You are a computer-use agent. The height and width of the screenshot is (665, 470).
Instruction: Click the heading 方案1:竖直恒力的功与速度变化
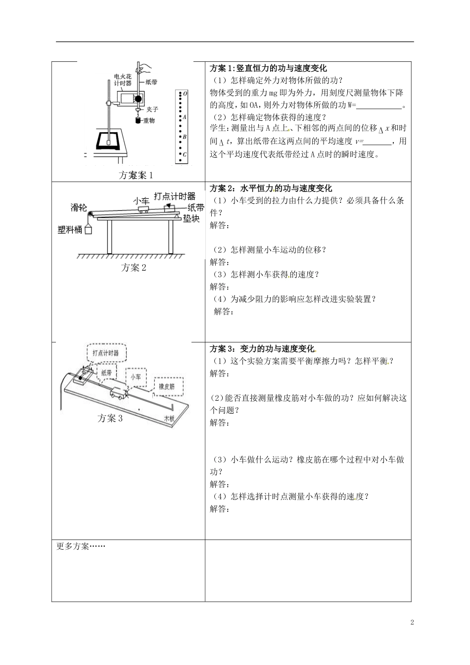click(268, 69)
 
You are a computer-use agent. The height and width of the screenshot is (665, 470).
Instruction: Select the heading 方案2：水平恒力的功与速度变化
click(271, 188)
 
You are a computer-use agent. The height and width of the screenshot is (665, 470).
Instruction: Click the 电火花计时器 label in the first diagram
click(122, 80)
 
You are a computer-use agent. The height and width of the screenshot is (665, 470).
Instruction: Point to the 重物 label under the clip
click(148, 120)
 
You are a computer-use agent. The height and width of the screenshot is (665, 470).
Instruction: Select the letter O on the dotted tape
click(185, 93)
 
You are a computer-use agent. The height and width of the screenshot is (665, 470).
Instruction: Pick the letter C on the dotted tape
click(185, 154)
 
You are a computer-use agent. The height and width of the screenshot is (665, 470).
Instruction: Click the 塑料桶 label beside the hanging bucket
click(70, 230)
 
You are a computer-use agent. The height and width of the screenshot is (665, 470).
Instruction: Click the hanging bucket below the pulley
click(89, 229)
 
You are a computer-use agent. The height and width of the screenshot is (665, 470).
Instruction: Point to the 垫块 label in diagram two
click(191, 218)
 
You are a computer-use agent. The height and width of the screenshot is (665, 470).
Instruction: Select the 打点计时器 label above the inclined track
click(174, 196)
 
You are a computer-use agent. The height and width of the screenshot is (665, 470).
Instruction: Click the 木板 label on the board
click(170, 418)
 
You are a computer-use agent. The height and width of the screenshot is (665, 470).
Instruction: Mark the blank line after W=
click(379, 105)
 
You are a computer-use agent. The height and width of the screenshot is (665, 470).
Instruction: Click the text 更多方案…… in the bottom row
click(81, 546)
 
